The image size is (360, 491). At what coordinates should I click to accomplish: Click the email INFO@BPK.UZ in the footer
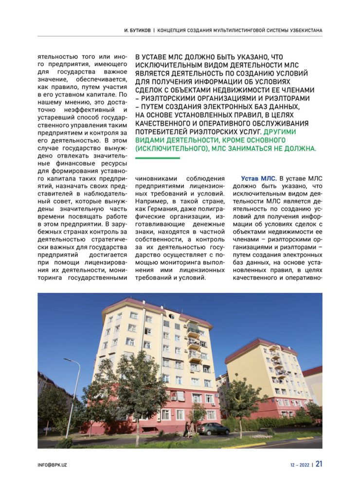click(x=53, y=465)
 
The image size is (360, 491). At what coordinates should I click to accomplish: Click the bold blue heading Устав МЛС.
click(x=259, y=179)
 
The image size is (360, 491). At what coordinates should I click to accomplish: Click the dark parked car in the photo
click(x=213, y=428)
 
